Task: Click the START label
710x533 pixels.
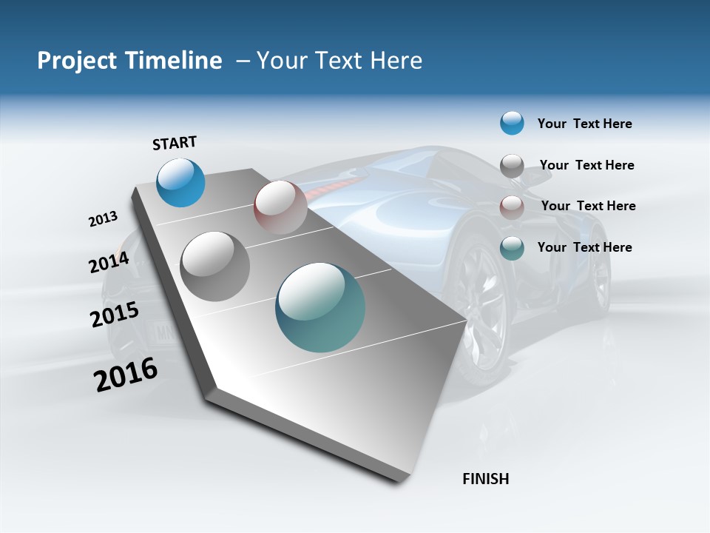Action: pyautogui.click(x=175, y=143)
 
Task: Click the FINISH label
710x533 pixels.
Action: pyautogui.click(x=485, y=479)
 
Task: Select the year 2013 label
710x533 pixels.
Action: pyautogui.click(x=103, y=219)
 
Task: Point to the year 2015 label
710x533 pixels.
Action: pyautogui.click(x=114, y=315)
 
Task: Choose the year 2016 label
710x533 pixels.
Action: pyautogui.click(x=126, y=374)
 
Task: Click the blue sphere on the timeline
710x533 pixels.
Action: pyautogui.click(x=180, y=182)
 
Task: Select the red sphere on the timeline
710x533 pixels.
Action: pyautogui.click(x=280, y=207)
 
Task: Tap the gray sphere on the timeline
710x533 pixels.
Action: pyautogui.click(x=215, y=266)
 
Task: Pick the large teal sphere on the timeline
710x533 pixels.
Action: pyautogui.click(x=320, y=307)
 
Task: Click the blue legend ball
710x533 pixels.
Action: pyautogui.click(x=512, y=123)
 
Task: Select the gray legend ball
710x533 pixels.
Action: pyautogui.click(x=512, y=166)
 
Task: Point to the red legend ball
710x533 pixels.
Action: pyautogui.click(x=512, y=207)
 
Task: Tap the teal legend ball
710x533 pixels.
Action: pyautogui.click(x=512, y=248)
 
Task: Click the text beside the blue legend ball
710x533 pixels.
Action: pyautogui.click(x=584, y=124)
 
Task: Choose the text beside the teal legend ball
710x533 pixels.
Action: pyautogui.click(x=584, y=247)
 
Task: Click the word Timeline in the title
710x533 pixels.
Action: pyautogui.click(x=174, y=61)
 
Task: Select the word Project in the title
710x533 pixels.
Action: pyautogui.click(x=75, y=61)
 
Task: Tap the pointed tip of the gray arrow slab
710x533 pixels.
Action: pyautogui.click(x=466, y=321)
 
